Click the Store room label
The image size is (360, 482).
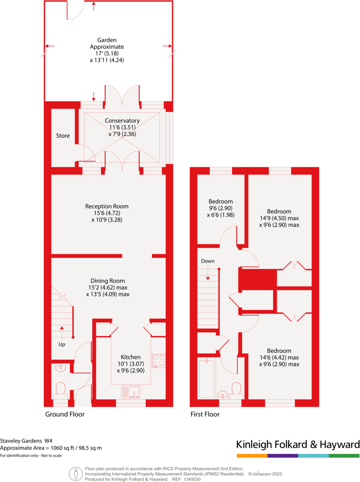(63, 136)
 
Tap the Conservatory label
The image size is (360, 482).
(122, 121)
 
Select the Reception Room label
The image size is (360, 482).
(107, 206)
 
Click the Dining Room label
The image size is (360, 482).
(108, 281)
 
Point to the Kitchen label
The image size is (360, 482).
(131, 357)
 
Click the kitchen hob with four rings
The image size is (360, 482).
(159, 360)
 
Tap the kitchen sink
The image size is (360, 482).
(131, 392)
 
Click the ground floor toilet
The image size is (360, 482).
(61, 389)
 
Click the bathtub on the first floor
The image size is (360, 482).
(206, 378)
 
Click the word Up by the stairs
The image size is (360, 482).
(61, 345)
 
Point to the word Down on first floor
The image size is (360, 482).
(208, 261)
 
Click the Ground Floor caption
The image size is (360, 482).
(65, 414)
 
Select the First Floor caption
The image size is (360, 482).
(205, 414)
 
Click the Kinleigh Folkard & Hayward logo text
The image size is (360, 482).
(298, 444)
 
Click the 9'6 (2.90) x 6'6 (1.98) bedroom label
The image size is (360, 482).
(221, 208)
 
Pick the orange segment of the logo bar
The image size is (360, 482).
(252, 455)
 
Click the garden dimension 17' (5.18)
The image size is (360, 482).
(107, 53)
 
